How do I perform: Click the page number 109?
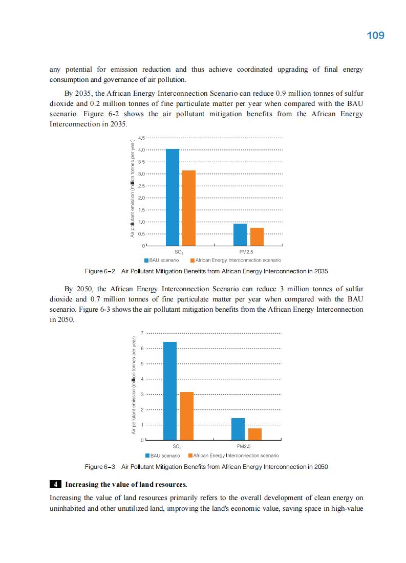(375, 35)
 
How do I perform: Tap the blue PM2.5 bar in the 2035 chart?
(240, 234)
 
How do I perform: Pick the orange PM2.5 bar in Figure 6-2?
(257, 236)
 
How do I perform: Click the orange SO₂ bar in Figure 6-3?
(187, 416)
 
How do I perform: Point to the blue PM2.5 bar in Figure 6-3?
(238, 429)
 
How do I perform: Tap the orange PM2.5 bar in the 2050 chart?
(255, 434)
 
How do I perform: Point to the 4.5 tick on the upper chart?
(141, 138)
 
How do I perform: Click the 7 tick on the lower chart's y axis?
(142, 333)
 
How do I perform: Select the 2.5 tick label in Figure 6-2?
(141, 186)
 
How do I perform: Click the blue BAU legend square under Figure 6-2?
(146, 260)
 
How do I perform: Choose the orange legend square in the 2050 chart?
(190, 455)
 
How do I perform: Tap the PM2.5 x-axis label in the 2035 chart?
(246, 252)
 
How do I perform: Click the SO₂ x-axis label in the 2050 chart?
(177, 447)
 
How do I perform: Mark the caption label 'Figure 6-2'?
(99, 271)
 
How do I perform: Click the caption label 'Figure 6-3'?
(99, 467)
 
